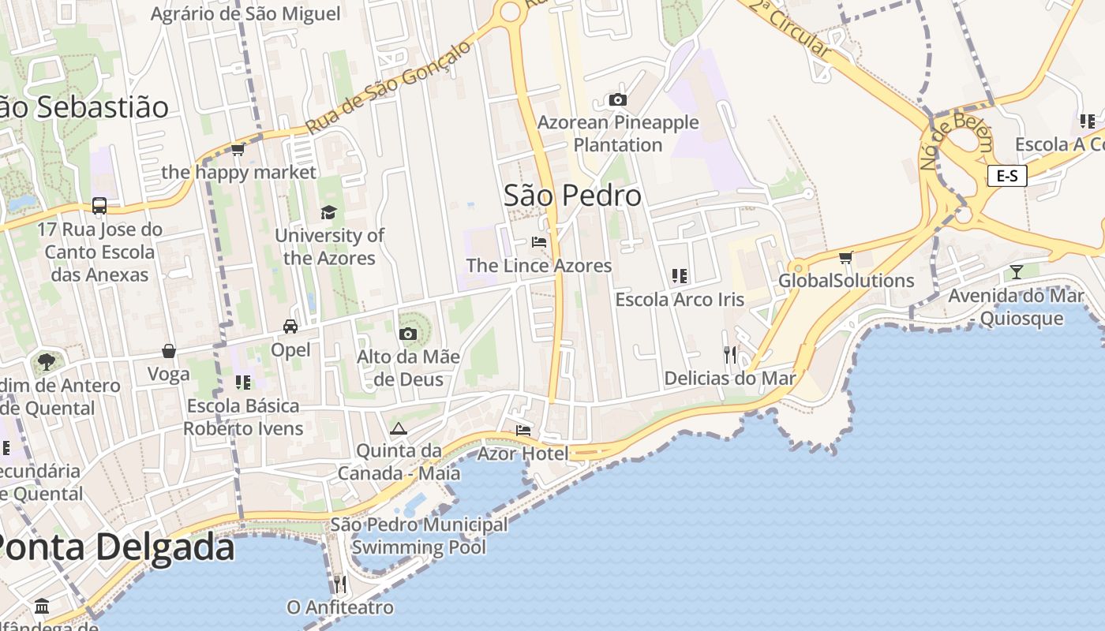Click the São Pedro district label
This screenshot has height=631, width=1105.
pyautogui.click(x=572, y=196)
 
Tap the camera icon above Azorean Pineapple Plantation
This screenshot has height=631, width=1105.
pyautogui.click(x=618, y=100)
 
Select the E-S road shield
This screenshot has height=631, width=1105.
pyautogui.click(x=1007, y=176)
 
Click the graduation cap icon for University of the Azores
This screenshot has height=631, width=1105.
pyautogui.click(x=328, y=213)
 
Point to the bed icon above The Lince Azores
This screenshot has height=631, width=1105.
pyautogui.click(x=539, y=242)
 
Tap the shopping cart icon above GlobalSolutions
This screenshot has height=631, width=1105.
pyautogui.click(x=846, y=257)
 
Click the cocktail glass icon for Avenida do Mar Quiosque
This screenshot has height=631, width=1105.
pyautogui.click(x=1016, y=272)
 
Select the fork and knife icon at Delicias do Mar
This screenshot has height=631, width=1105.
pyautogui.click(x=730, y=355)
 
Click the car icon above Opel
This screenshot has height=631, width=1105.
pyautogui.click(x=290, y=327)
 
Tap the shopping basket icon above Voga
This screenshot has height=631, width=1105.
pyautogui.click(x=169, y=351)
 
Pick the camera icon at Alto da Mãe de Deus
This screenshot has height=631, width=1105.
pyautogui.click(x=408, y=334)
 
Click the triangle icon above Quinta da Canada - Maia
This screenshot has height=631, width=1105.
pyautogui.click(x=399, y=429)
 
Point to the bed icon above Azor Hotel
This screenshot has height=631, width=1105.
pyautogui.click(x=523, y=431)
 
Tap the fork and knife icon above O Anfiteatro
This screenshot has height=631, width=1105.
pyautogui.click(x=339, y=584)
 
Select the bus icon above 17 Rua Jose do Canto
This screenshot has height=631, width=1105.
pyautogui.click(x=99, y=206)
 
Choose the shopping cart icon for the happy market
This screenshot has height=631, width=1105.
pyautogui.click(x=238, y=149)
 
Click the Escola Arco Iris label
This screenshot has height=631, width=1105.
pyautogui.click(x=680, y=300)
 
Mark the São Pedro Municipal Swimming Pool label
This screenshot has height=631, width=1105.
pyautogui.click(x=419, y=536)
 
